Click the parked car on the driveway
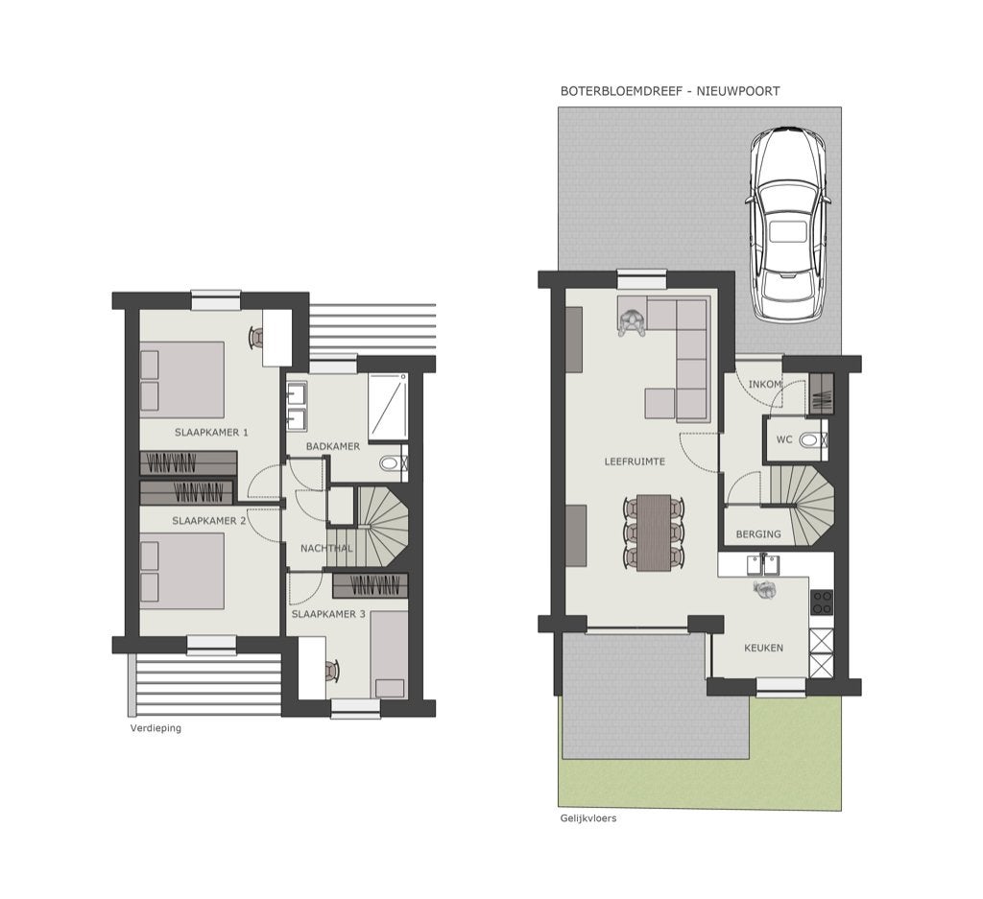click(788, 225)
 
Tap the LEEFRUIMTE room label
click(635, 461)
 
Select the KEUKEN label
click(763, 648)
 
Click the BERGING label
click(758, 534)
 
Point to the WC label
click(784, 439)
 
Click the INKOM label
click(765, 384)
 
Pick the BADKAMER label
click(333, 447)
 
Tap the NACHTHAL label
click(326, 549)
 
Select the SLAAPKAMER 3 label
click(328, 614)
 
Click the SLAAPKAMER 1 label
click(211, 433)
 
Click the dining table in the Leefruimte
click(654, 533)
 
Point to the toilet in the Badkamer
click(393, 463)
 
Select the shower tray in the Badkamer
click(388, 407)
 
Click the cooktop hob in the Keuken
click(822, 603)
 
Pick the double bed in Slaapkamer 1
click(181, 380)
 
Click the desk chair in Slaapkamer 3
click(332, 671)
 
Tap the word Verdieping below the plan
click(156, 728)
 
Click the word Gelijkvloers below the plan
click(588, 818)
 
